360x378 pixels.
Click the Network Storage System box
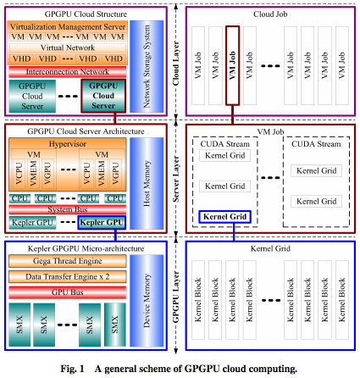[147, 66]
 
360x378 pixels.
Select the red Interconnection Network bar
[68, 72]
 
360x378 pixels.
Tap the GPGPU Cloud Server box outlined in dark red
[103, 96]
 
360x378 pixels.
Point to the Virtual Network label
[68, 47]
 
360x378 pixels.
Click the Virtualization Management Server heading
[68, 26]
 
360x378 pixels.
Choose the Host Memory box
[147, 183]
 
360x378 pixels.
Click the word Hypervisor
[68, 144]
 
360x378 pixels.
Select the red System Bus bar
[68, 209]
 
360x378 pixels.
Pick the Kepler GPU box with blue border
[102, 222]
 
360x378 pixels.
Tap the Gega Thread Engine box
[68, 261]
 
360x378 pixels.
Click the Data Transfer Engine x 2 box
[68, 276]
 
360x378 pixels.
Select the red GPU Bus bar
[68, 292]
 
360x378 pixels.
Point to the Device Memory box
[147, 301]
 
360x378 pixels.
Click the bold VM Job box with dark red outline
[232, 66]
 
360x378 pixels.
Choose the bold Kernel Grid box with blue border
[224, 217]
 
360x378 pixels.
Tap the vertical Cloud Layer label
[176, 64]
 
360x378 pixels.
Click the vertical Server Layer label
[176, 179]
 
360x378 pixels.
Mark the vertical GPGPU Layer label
[176, 297]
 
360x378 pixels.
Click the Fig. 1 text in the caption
[72, 369]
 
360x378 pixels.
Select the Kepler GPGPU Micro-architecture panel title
[86, 248]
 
